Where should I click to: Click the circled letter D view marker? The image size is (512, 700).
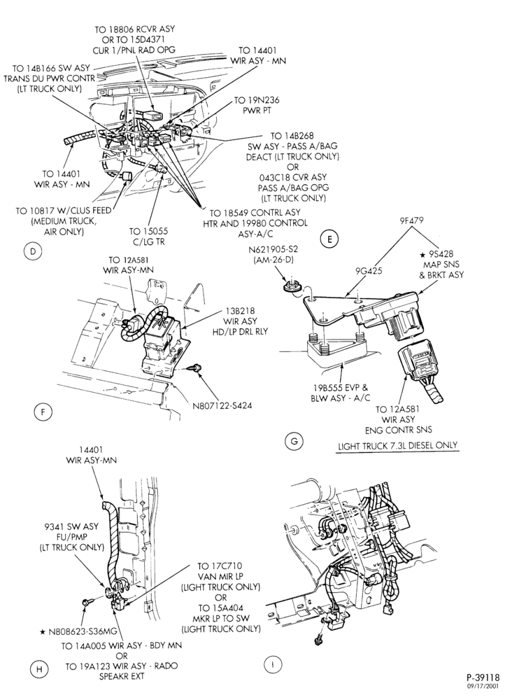point(33,251)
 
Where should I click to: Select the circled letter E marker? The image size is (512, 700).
point(329,239)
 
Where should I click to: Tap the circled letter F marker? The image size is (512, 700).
point(43,412)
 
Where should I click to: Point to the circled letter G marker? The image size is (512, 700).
point(294,442)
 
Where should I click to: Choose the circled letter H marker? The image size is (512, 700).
point(39,668)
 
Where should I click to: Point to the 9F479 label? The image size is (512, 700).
point(412,220)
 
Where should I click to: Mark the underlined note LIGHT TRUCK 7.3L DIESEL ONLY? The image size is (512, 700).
point(398,445)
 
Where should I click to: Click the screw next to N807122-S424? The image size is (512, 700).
point(193,367)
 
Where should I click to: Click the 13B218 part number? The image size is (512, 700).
point(240,311)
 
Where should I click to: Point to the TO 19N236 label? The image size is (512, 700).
point(257,101)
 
